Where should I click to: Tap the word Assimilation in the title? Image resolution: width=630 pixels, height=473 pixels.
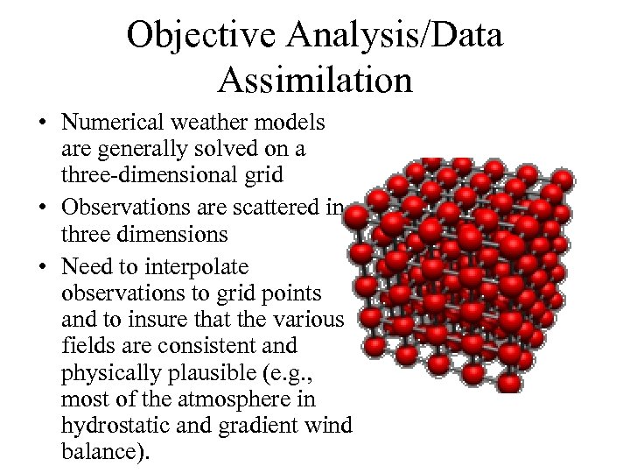coord(315,80)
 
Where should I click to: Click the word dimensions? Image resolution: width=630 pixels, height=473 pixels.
coord(166,235)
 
